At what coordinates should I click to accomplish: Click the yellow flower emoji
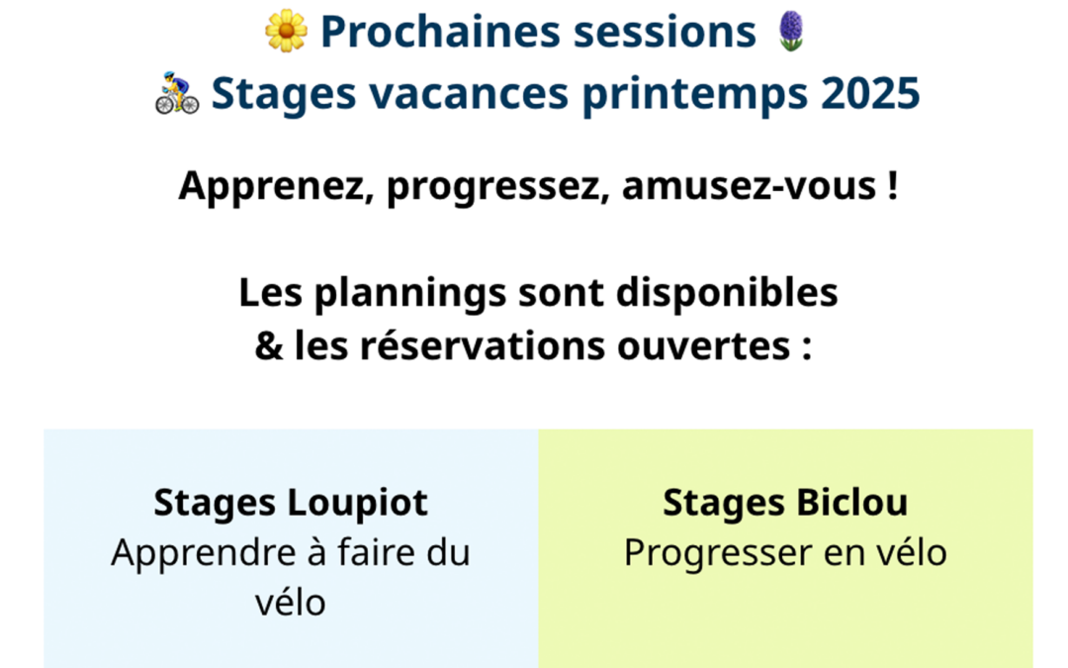(286, 31)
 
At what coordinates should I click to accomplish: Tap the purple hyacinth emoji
(791, 31)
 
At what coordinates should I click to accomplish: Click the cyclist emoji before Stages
(177, 93)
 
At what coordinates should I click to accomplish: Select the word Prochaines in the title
(440, 32)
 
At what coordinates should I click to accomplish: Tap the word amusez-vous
(749, 186)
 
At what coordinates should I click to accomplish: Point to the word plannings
(410, 294)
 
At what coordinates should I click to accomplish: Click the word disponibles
(727, 292)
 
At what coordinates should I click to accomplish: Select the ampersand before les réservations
(269, 345)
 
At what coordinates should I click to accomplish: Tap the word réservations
(483, 345)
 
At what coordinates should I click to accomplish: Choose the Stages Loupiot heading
(291, 503)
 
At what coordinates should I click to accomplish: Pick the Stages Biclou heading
(785, 503)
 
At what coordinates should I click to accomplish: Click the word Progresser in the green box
(717, 553)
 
